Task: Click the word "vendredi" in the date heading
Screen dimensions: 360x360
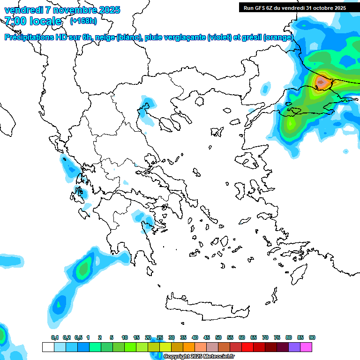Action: coord(21,10)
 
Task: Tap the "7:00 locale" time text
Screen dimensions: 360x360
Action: coord(33,21)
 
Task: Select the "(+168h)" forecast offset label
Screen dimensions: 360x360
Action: coord(83,21)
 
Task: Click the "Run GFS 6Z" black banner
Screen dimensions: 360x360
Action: coord(294,7)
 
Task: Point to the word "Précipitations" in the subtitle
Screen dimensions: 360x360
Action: coord(31,37)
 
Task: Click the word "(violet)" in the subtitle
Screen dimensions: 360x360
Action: coord(219,37)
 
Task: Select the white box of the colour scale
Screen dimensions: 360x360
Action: coord(48,347)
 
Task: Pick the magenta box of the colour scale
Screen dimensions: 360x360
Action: coord(306,347)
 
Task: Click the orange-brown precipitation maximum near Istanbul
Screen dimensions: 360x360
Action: coord(322,82)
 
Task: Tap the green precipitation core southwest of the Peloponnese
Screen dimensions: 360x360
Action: coord(84,269)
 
